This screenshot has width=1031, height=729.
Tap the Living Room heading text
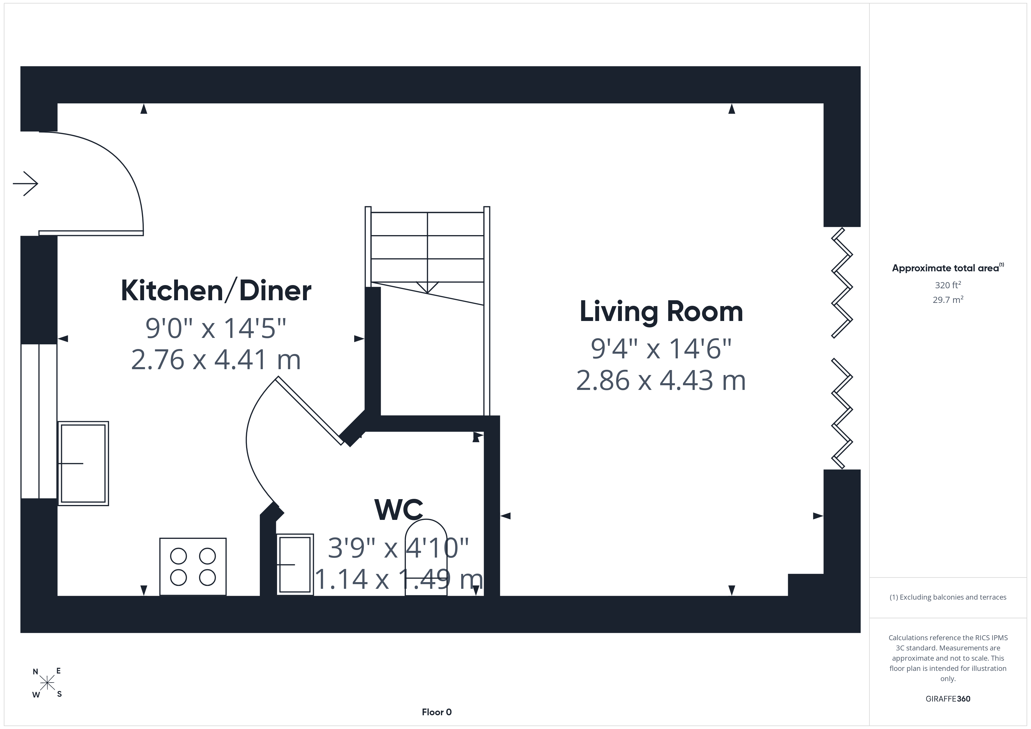point(661,312)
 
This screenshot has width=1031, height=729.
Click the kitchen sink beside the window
point(83,463)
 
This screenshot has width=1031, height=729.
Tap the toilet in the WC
point(426,558)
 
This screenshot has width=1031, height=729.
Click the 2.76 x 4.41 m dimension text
point(216,360)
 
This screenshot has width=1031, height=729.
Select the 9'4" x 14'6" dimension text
point(661,349)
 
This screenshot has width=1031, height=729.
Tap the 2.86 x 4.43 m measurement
point(661,381)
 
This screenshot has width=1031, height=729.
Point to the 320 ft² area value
point(948,285)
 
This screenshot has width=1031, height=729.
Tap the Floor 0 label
point(437,712)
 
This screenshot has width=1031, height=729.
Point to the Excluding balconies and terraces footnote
point(948,597)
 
